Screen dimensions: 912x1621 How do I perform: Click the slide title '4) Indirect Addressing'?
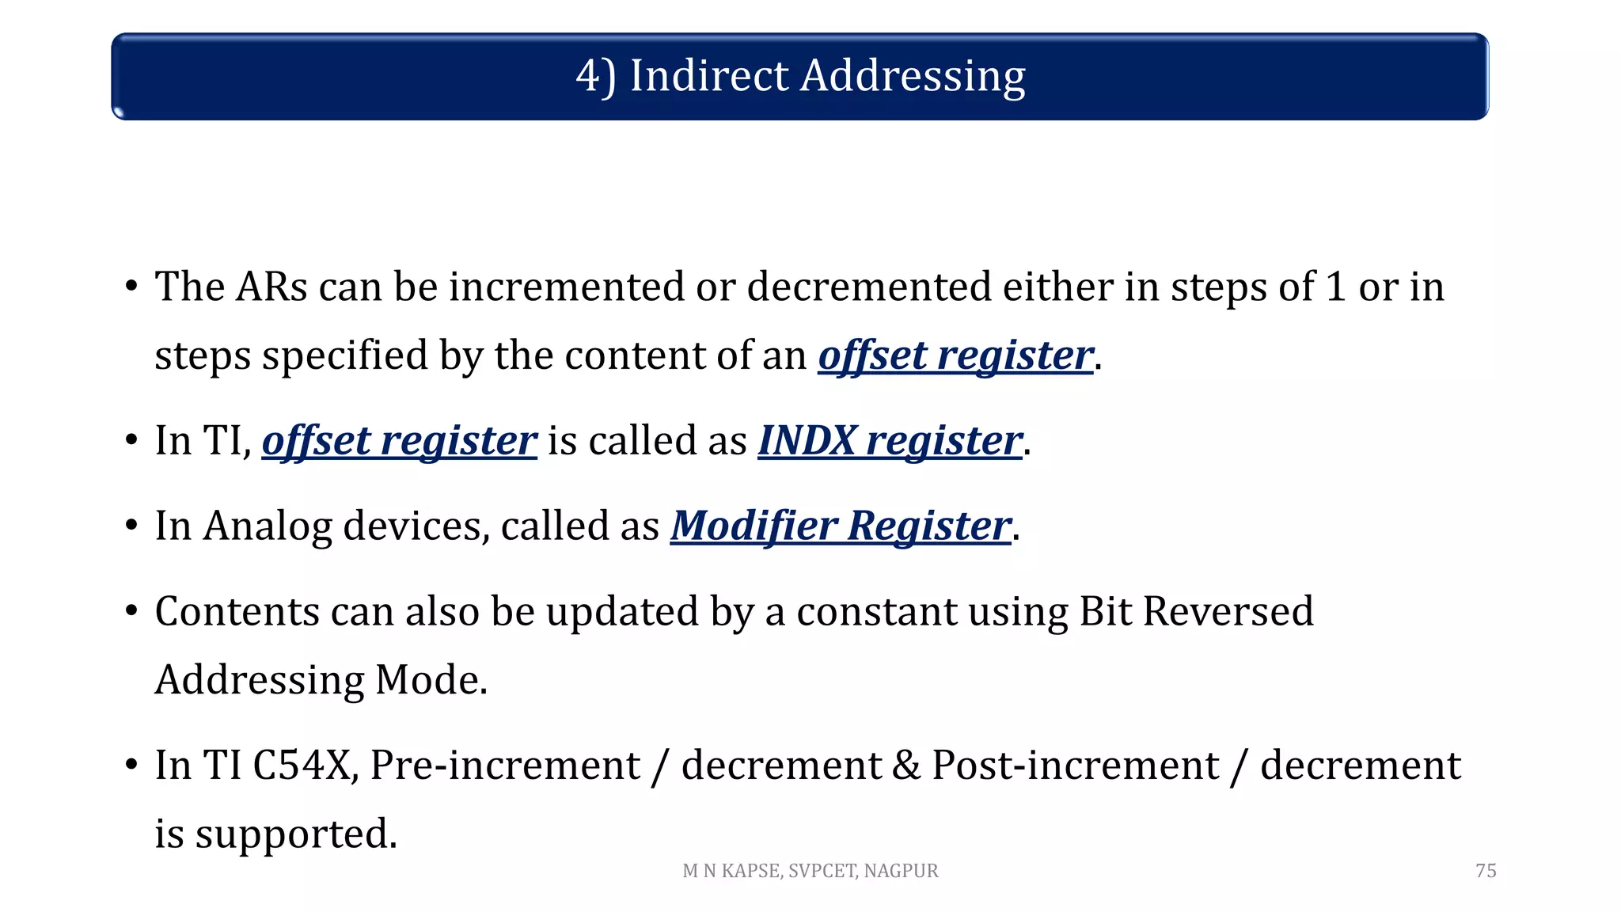tap(800, 77)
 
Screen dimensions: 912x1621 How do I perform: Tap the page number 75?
tap(1486, 871)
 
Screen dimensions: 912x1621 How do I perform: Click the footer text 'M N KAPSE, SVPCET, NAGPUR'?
tap(810, 871)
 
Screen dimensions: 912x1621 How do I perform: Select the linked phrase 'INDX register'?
tap(890, 441)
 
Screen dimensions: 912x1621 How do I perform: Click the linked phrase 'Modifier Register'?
tap(841, 526)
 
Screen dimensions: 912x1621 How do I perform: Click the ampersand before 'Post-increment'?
tap(906, 766)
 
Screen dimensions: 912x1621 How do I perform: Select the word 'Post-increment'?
tap(1075, 766)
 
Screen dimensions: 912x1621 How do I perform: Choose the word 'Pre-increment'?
tap(505, 766)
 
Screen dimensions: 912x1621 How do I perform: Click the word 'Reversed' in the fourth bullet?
tap(1228, 612)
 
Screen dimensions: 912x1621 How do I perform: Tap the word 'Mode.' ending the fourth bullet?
tap(431, 680)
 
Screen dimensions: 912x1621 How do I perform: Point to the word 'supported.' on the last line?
tap(296, 834)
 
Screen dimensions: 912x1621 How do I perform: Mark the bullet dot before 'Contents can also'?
tap(131, 612)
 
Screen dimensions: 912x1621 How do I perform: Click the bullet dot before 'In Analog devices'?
tap(131, 526)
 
